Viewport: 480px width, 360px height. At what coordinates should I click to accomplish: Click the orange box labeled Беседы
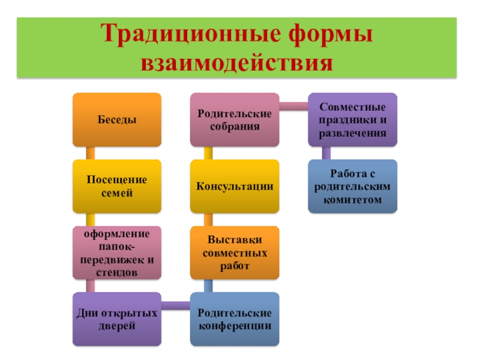[x=117, y=119]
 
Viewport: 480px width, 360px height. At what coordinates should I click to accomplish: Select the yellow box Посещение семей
[x=117, y=186]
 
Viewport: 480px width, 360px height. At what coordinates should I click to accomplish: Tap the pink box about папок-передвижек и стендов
[x=117, y=253]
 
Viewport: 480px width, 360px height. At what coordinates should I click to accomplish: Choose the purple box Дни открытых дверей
[x=117, y=319]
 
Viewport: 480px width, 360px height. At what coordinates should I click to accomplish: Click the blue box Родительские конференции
[x=235, y=319]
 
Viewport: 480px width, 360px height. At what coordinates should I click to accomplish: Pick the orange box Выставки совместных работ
[x=235, y=253]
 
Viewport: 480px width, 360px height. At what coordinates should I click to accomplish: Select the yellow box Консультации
[x=235, y=186]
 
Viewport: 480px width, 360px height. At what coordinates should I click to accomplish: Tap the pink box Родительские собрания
[x=235, y=119]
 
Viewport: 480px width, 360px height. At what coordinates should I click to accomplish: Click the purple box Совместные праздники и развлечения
[x=352, y=119]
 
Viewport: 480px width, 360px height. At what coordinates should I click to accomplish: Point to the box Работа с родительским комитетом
[x=352, y=186]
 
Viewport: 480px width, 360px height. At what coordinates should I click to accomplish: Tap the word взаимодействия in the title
[x=236, y=62]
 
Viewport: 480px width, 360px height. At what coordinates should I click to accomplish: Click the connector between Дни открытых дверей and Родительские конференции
[x=176, y=307]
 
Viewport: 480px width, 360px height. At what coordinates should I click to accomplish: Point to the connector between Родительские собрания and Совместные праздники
[x=293, y=107]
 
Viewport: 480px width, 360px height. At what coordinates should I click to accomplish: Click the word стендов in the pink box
[x=117, y=273]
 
